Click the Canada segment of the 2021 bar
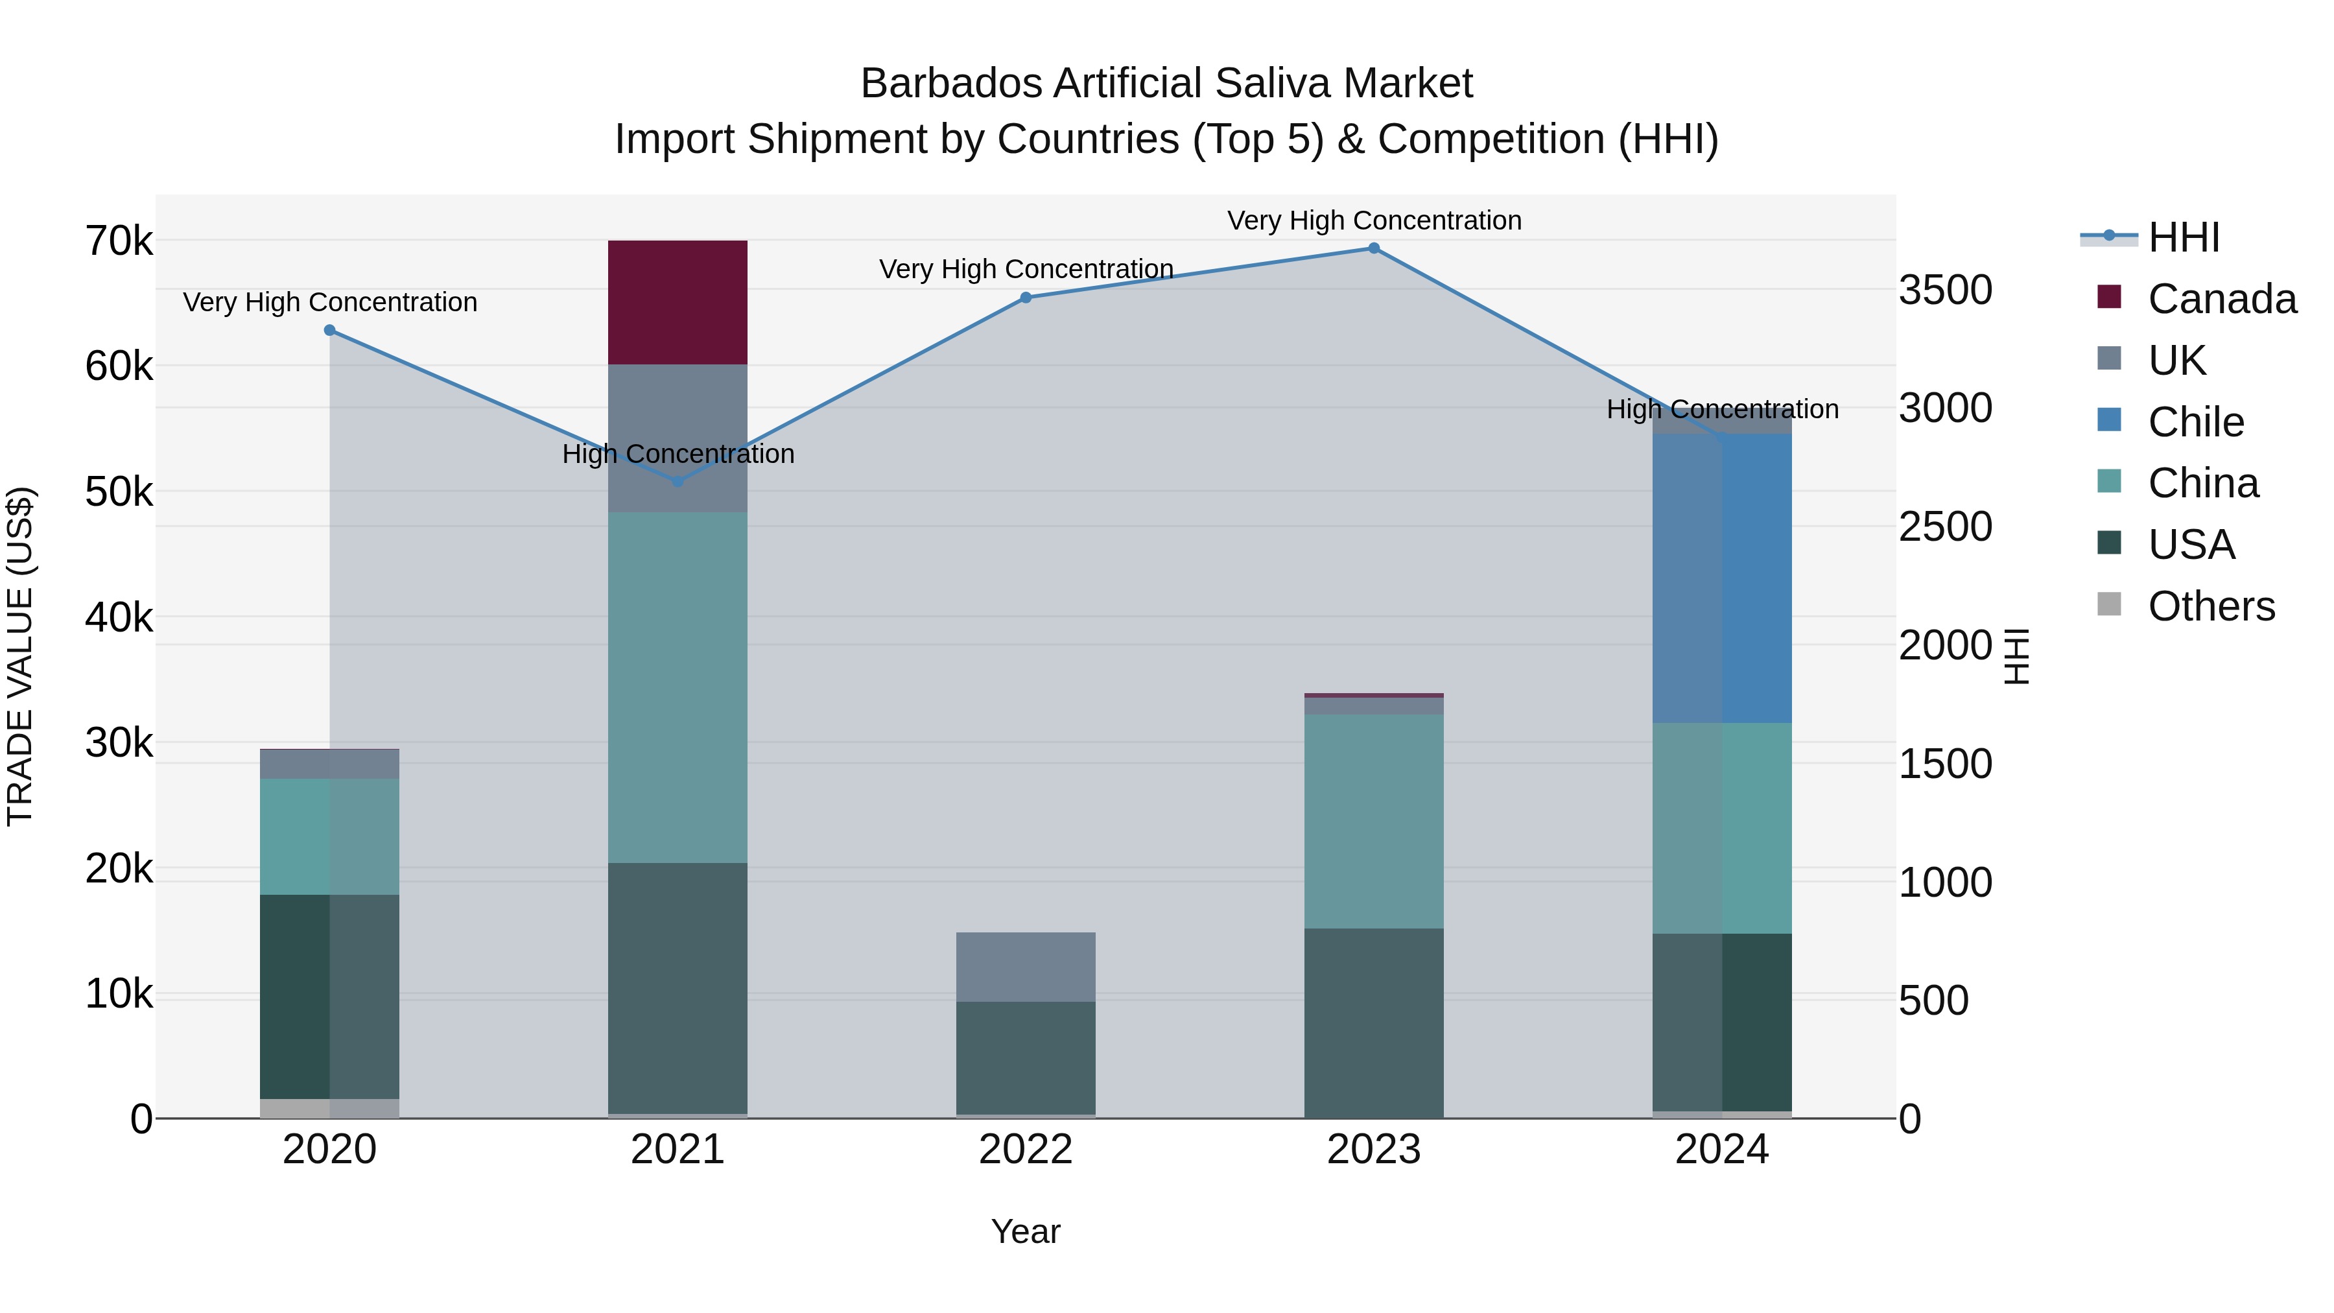(677, 303)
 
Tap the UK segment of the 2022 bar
(1026, 967)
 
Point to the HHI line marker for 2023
(1374, 248)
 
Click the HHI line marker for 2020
(330, 331)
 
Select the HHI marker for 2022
(1026, 298)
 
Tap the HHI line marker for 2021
(678, 481)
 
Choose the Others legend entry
(2210, 606)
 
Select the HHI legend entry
(2183, 237)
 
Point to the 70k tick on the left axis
(119, 242)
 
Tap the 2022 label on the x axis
(1026, 1150)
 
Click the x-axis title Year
(1026, 1231)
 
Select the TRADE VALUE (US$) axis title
(20, 656)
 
